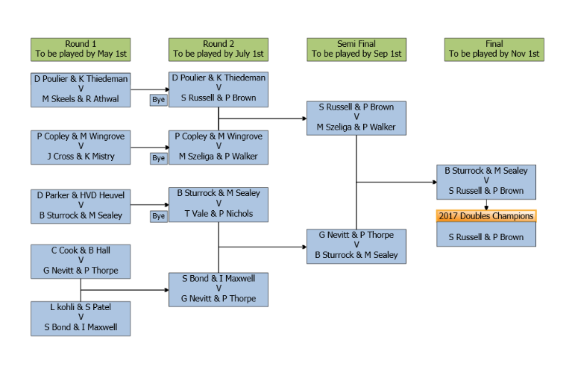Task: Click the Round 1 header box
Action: point(81,49)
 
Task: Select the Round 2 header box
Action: point(218,49)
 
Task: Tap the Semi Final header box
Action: point(356,49)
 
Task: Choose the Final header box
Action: point(493,49)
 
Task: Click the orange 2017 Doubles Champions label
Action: point(486,216)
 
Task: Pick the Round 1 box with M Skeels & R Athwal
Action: point(81,89)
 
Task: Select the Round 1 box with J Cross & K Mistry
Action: point(81,147)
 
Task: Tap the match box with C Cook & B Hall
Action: point(81,260)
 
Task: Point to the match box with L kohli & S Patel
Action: point(81,318)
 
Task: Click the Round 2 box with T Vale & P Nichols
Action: point(218,204)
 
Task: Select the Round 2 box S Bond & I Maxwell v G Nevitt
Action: point(218,288)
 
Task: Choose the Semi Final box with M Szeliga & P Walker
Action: point(356,118)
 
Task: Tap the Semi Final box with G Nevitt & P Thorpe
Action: point(356,245)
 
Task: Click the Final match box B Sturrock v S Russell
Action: point(486,181)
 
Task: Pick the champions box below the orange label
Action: point(486,237)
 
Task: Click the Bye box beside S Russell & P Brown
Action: point(158,99)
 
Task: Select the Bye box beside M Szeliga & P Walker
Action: point(158,157)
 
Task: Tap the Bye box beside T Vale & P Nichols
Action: point(158,216)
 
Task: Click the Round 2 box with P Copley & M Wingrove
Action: point(218,147)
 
